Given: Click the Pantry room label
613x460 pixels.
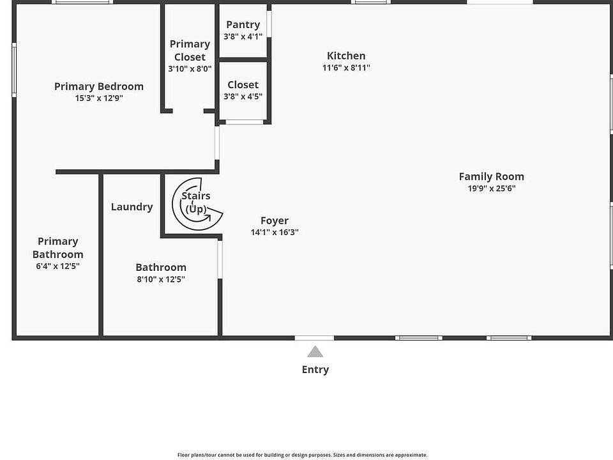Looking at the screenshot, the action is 243,25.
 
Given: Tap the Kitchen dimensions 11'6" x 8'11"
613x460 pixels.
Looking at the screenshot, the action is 346,68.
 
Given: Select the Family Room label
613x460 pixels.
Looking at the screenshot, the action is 492,176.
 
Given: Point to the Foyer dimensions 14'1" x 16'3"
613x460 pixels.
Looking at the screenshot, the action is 275,233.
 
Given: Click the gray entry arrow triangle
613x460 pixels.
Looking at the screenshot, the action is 315,351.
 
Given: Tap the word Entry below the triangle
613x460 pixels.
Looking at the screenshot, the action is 315,370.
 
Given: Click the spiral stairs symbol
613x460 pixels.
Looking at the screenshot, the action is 197,204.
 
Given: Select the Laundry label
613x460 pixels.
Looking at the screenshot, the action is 132,207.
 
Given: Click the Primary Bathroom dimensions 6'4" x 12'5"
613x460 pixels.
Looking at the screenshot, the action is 58,266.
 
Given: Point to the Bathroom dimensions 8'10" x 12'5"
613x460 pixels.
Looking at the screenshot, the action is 161,279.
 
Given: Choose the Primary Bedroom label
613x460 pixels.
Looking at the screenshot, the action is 99,86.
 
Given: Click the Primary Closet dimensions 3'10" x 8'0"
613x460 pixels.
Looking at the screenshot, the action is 190,69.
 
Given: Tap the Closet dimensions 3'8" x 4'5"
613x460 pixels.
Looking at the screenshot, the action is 243,96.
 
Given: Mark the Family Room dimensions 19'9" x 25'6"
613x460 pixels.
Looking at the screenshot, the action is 492,188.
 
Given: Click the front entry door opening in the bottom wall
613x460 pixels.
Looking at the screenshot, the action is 314,338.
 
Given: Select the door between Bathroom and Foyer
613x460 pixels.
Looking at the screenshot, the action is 220,260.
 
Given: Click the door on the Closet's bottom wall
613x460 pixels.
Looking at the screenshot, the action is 245,123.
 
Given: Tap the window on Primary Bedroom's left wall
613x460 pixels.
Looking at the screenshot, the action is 14,70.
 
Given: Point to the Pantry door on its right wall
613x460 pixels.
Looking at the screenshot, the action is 269,24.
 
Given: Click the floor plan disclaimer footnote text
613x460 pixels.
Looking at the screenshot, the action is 302,455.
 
